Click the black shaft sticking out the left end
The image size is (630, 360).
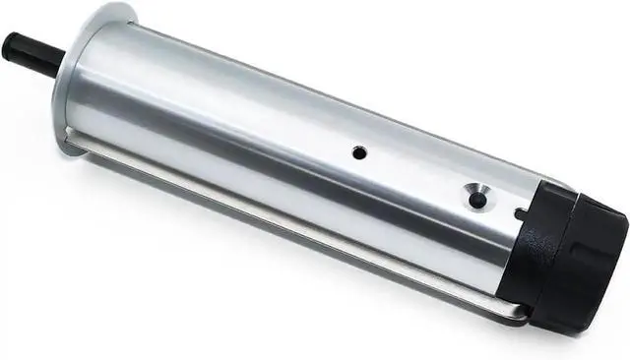30,46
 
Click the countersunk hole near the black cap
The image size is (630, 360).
477,199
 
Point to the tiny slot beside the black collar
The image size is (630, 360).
519,211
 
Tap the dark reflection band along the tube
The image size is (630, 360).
295,202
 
